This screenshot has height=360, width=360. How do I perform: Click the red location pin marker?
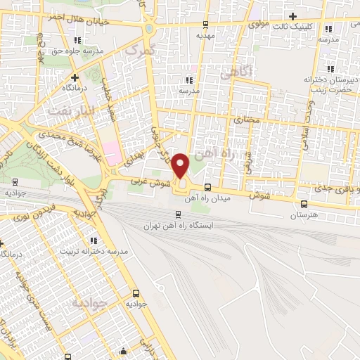(x=181, y=166)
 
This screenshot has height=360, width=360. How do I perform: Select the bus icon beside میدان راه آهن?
(x=207, y=187)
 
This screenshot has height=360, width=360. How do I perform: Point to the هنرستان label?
(x=304, y=214)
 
